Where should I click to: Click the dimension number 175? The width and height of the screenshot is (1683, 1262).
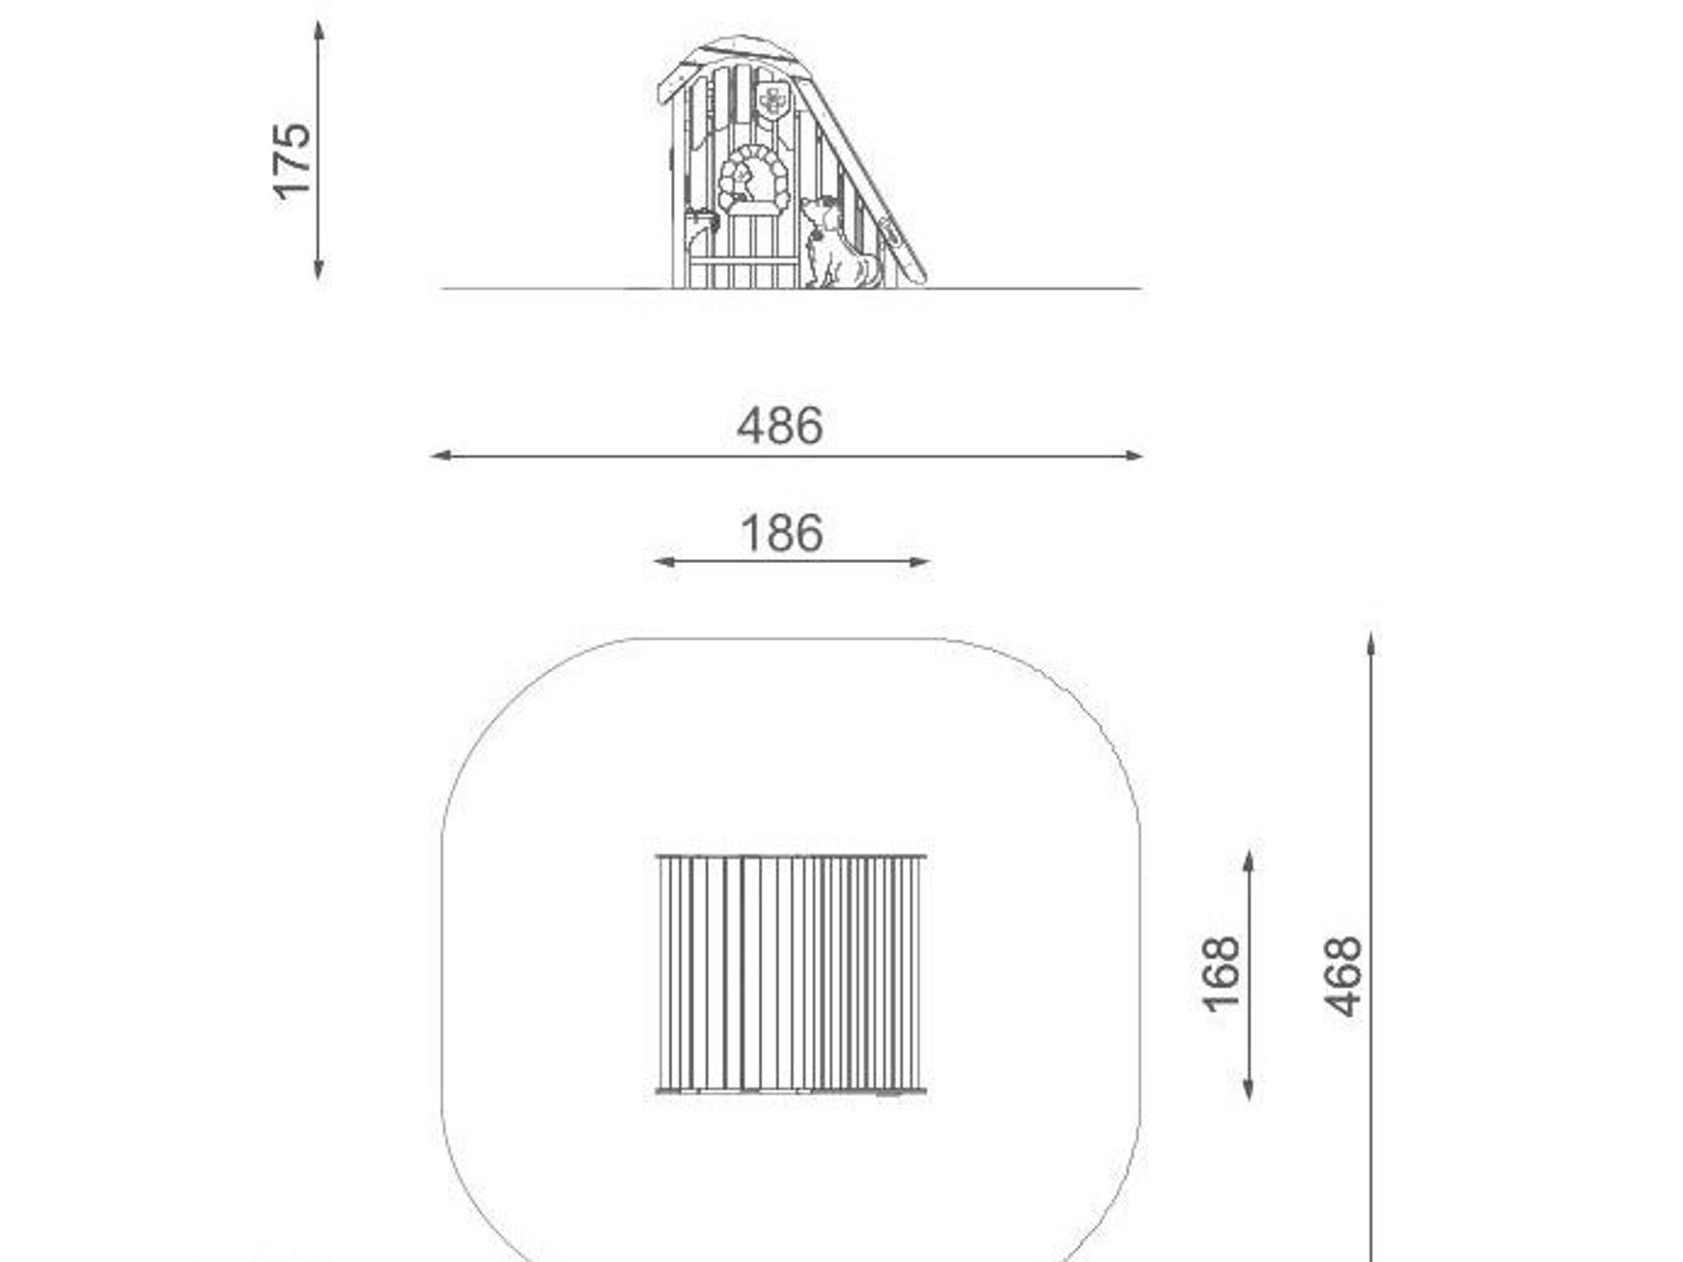pyautogui.click(x=292, y=161)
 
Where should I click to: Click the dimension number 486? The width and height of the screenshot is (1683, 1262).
pyautogui.click(x=780, y=426)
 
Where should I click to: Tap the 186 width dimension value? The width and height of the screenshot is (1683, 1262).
pyautogui.click(x=781, y=534)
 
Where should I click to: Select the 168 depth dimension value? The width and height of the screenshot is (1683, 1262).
pyautogui.click(x=1220, y=974)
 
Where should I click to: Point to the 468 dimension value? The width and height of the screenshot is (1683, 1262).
pyautogui.click(x=1343, y=976)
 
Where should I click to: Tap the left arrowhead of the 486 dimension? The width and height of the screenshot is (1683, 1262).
pyautogui.click(x=442, y=456)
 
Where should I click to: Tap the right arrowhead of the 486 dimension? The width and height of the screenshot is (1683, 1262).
pyautogui.click(x=1131, y=456)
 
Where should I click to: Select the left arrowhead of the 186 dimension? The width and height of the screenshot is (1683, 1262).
pyautogui.click(x=665, y=561)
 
